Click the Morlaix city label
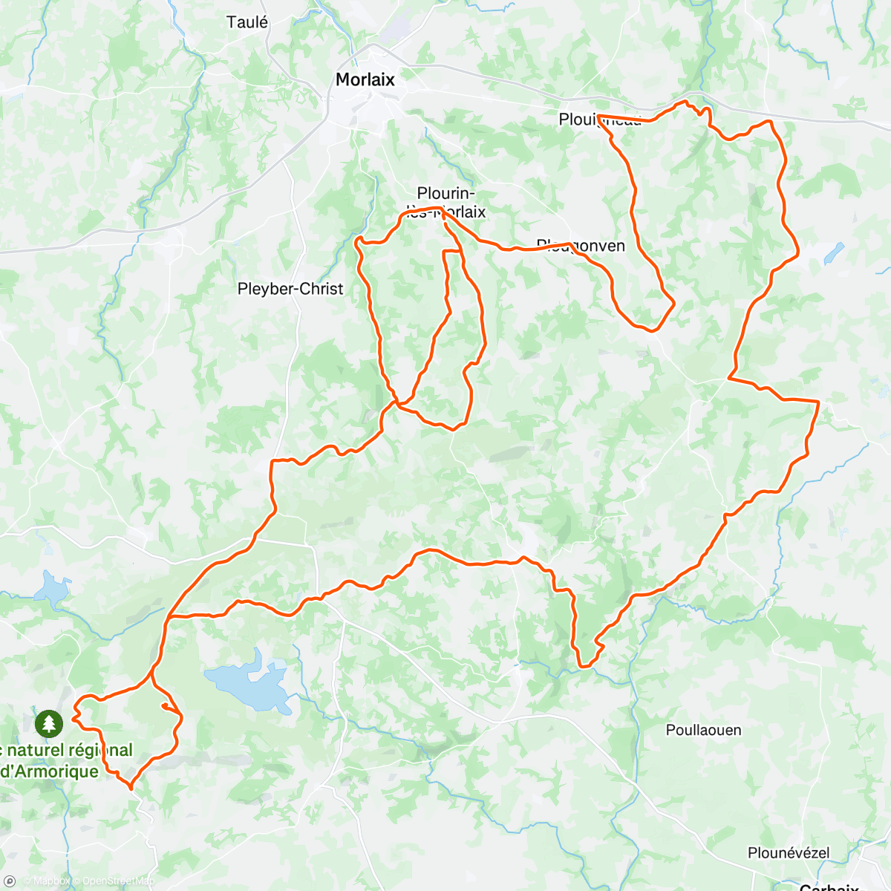pos(365,79)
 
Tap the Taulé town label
pos(247,22)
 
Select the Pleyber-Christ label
pos(290,289)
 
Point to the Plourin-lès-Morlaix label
pos(446,203)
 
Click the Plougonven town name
pos(581,246)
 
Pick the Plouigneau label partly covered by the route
pos(600,120)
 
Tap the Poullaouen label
pos(703,730)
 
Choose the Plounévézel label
pos(789,852)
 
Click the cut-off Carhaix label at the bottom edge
pos(829,887)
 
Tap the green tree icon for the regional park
pos(49,722)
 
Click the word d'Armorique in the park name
pos(49,771)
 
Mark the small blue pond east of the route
pos(834,253)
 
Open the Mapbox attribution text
pos(46,881)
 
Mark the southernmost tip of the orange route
pos(131,787)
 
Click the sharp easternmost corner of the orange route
pos(818,402)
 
